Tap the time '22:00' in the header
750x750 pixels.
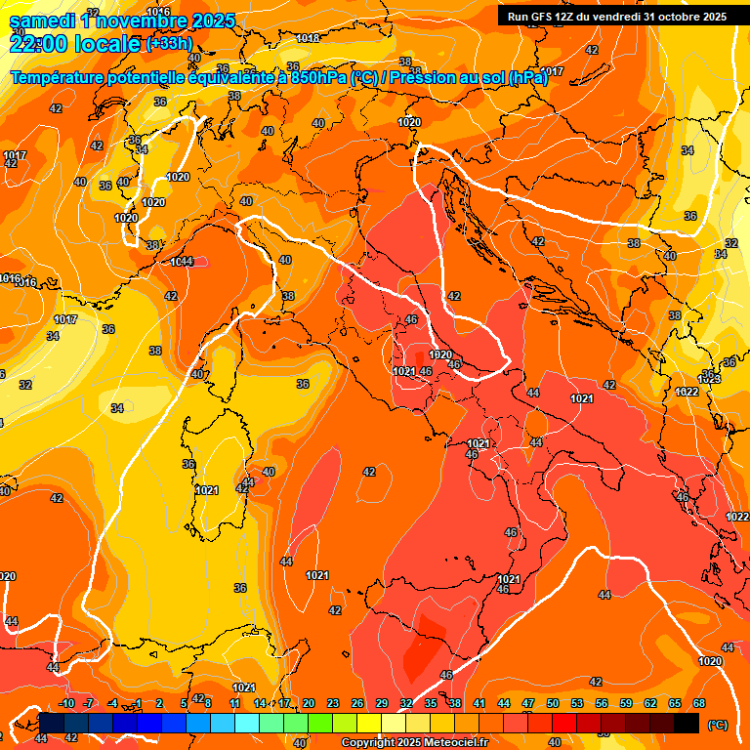[40, 43]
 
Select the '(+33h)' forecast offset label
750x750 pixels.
[169, 43]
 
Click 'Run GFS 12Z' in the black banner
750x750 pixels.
[543, 17]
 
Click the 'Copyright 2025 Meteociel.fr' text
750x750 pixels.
[414, 743]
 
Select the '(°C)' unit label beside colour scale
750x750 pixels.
[718, 725]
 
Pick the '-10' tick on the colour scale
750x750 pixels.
[66, 703]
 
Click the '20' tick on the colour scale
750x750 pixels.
[309, 703]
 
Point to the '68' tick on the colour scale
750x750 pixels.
[699, 703]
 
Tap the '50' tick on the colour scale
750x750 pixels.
[553, 703]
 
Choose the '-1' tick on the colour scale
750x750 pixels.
[138, 703]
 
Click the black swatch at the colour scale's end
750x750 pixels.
[687, 723]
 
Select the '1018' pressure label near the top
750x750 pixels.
[308, 38]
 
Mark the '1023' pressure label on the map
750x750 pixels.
[710, 378]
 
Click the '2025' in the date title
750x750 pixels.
[221, 19]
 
